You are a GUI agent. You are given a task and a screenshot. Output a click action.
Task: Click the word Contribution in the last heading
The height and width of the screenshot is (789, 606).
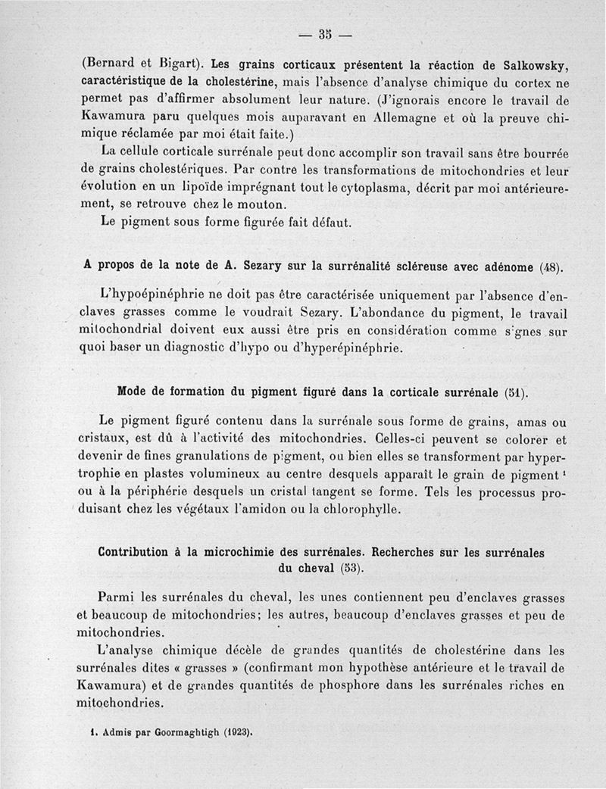pyautogui.click(x=142, y=551)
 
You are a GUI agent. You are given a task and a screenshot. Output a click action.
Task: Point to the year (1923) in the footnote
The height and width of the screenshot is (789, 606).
pyautogui.click(x=234, y=733)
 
